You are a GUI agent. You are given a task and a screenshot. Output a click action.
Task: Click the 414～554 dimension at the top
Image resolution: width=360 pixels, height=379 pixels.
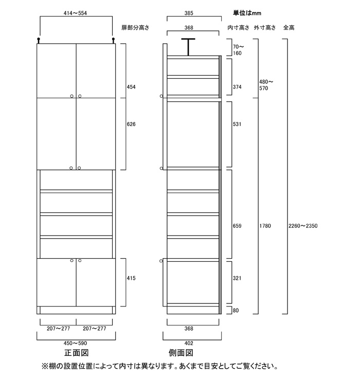click(75, 13)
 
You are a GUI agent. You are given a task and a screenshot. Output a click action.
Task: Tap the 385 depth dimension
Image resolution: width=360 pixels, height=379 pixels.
click(189, 13)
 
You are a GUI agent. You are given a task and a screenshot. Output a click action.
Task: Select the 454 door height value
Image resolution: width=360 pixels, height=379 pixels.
click(131, 87)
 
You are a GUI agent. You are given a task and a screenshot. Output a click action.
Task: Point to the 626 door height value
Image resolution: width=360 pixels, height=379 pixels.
click(131, 124)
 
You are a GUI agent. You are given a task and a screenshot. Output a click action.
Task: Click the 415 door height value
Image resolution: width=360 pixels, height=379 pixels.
click(131, 278)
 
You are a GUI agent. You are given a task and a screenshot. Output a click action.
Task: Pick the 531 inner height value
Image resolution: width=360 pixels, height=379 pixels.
click(237, 124)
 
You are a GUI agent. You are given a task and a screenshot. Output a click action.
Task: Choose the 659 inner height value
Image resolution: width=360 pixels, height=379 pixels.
click(237, 226)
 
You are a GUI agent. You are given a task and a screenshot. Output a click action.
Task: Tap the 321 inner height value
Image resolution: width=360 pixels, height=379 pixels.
click(237, 278)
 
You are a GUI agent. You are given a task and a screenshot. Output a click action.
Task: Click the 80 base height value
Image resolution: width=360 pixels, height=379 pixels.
click(236, 311)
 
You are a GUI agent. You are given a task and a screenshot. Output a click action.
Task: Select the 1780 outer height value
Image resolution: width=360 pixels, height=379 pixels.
click(265, 226)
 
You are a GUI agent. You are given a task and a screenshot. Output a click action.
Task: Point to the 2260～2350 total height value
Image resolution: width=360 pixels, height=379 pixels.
click(303, 226)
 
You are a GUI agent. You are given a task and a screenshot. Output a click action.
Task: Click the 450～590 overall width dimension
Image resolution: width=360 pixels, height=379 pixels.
click(75, 343)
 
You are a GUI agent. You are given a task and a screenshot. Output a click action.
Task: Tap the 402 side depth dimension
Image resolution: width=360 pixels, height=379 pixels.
click(189, 343)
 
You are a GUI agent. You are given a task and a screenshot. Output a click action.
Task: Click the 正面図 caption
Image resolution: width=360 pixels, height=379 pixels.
click(77, 353)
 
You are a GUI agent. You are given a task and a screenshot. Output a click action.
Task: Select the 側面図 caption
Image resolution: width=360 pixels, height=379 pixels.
click(181, 353)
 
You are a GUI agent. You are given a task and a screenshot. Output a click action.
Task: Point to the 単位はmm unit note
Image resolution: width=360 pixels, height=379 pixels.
click(247, 13)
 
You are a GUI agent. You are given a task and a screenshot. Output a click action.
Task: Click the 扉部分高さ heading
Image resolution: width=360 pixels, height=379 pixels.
click(135, 28)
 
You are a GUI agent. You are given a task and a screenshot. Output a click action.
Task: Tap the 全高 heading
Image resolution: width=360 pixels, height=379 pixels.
click(289, 28)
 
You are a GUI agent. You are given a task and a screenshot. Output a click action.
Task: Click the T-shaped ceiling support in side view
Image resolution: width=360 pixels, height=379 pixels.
click(188, 47)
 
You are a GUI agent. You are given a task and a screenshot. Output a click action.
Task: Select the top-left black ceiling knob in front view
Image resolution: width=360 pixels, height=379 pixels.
click(39, 40)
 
